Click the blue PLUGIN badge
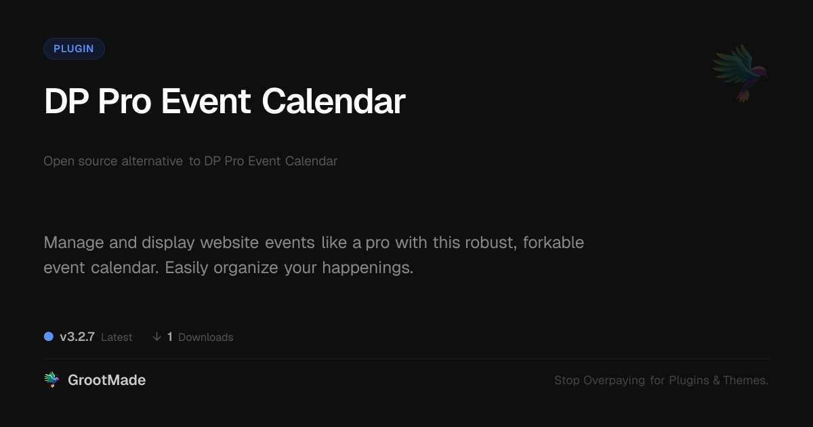pyautogui.click(x=74, y=49)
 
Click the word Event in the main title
pyautogui.click(x=206, y=101)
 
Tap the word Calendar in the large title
pyautogui.click(x=333, y=101)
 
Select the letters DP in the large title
pyautogui.click(x=66, y=101)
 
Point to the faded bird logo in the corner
pyautogui.click(x=740, y=73)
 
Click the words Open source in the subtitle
pyautogui.click(x=81, y=161)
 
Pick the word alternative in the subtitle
pyautogui.click(x=152, y=161)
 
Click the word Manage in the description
pyautogui.click(x=74, y=243)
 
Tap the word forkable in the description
pyautogui.click(x=554, y=243)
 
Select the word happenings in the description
pyautogui.click(x=368, y=268)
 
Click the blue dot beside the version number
pyautogui.click(x=49, y=337)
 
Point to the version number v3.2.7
pyautogui.click(x=77, y=337)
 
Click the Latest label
pyautogui.click(x=117, y=338)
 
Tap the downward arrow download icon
pyautogui.click(x=157, y=337)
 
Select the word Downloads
pyautogui.click(x=206, y=338)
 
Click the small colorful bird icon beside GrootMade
pyautogui.click(x=51, y=380)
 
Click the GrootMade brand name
pyautogui.click(x=107, y=380)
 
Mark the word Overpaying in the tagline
pyautogui.click(x=614, y=380)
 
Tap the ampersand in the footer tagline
pyautogui.click(x=716, y=380)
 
